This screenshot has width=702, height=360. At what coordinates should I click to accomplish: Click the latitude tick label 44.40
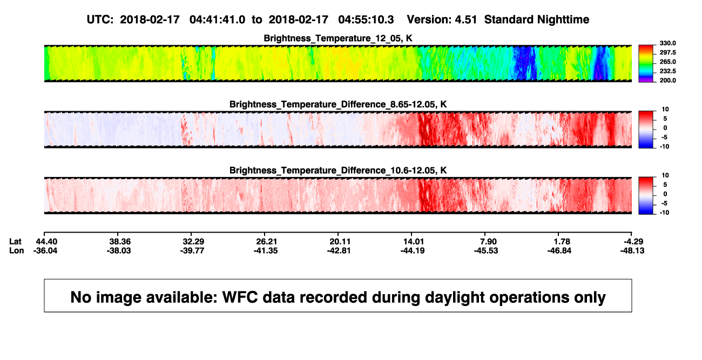point(46,242)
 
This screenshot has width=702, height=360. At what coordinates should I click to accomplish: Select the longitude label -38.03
point(119,250)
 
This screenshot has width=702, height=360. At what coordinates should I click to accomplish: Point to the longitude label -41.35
point(266,250)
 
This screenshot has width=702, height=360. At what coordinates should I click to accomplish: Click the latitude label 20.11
point(340,242)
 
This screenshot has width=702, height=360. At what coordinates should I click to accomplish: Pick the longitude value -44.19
point(413,250)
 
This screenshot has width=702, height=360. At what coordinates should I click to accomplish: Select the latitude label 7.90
point(488,242)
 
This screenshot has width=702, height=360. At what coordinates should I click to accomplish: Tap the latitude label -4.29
point(633,242)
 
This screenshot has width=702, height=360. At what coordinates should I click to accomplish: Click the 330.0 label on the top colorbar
point(667,43)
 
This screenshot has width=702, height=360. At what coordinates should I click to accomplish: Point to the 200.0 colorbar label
point(667,80)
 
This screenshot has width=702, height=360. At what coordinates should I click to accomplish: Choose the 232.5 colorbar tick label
point(667,71)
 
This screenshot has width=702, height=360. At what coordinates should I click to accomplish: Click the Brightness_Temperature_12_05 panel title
point(338,38)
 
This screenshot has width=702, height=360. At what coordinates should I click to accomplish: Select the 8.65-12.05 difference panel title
point(338,104)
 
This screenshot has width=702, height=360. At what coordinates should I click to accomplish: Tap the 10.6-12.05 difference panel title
point(338,171)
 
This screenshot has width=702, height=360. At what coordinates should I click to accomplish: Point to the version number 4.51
point(466,20)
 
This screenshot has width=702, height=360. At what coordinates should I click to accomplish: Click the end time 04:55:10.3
point(366,20)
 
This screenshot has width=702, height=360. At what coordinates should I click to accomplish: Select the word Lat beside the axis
point(15,242)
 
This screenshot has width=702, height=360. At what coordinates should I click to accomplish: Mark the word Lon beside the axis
point(17,250)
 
